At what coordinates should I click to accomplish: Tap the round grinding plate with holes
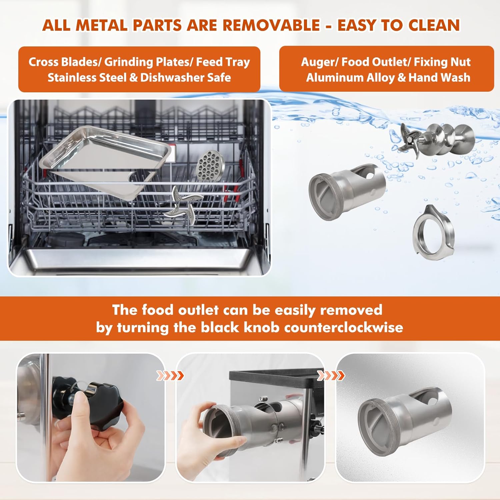coord(210,166)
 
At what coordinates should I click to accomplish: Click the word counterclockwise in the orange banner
coord(344,327)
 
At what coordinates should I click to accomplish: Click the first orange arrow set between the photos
coord(170,376)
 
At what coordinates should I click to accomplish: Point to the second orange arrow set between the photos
coord(331,376)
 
